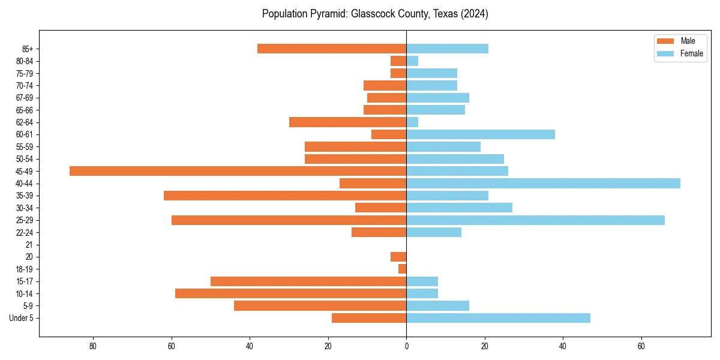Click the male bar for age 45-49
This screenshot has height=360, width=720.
click(x=238, y=171)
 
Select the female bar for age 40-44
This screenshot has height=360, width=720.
click(x=543, y=183)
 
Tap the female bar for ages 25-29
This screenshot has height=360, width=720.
click(x=535, y=220)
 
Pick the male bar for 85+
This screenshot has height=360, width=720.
click(x=332, y=49)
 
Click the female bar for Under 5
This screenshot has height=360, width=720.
click(x=498, y=318)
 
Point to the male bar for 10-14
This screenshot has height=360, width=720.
click(x=290, y=293)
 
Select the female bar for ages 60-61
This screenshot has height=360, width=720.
click(x=481, y=134)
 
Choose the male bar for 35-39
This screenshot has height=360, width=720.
click(x=285, y=196)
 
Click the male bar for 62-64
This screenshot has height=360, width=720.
click(x=347, y=122)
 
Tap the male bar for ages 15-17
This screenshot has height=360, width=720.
click(x=308, y=281)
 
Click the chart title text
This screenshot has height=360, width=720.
click(x=375, y=14)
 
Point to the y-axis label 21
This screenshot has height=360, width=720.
click(x=29, y=245)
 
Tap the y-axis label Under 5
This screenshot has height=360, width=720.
click(x=22, y=318)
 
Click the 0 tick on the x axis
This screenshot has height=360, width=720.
click(x=406, y=346)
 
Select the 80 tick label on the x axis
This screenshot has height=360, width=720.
click(x=93, y=346)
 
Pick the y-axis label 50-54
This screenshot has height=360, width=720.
click(x=25, y=159)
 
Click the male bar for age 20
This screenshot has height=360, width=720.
click(x=398, y=257)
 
